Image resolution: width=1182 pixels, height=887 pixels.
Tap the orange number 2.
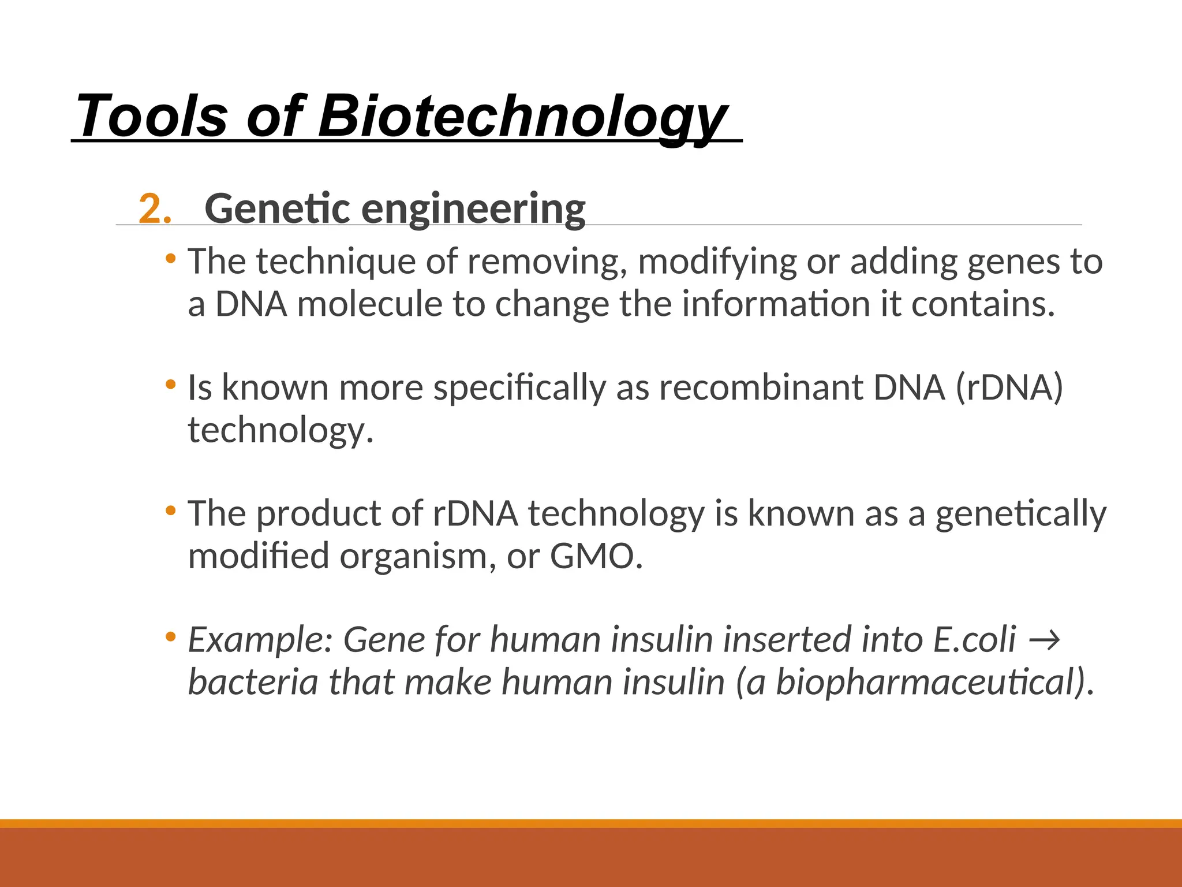[155, 208]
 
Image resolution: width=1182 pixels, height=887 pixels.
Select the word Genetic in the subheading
[277, 208]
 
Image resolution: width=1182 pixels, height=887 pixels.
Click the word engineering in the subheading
[473, 210]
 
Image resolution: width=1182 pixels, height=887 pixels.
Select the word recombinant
[761, 387]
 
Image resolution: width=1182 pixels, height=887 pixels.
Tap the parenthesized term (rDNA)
[1009, 387]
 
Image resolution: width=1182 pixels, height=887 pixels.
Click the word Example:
[261, 640]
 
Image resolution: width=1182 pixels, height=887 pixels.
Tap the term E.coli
[974, 639]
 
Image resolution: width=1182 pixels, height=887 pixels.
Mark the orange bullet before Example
[170, 637]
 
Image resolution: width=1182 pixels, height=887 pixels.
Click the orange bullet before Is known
[170, 384]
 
